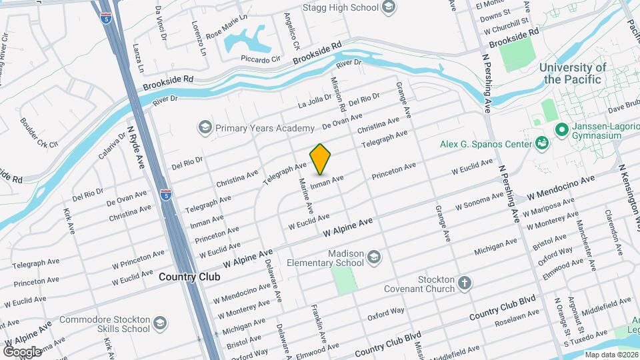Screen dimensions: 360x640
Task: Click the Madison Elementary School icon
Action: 374,256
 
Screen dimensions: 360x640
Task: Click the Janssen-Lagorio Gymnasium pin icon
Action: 561,129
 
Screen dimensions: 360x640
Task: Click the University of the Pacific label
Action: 573,73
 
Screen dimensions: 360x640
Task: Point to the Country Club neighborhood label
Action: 189,276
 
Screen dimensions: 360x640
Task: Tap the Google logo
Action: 22,351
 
